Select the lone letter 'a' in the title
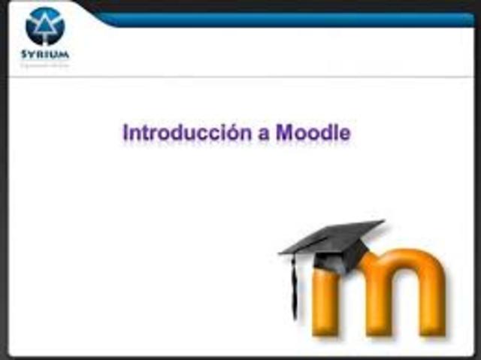[262, 135]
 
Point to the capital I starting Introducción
[126, 133]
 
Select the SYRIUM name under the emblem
[44, 55]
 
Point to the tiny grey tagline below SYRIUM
[44, 65]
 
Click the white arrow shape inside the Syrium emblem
[44, 26]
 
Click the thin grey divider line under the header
[240, 77]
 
